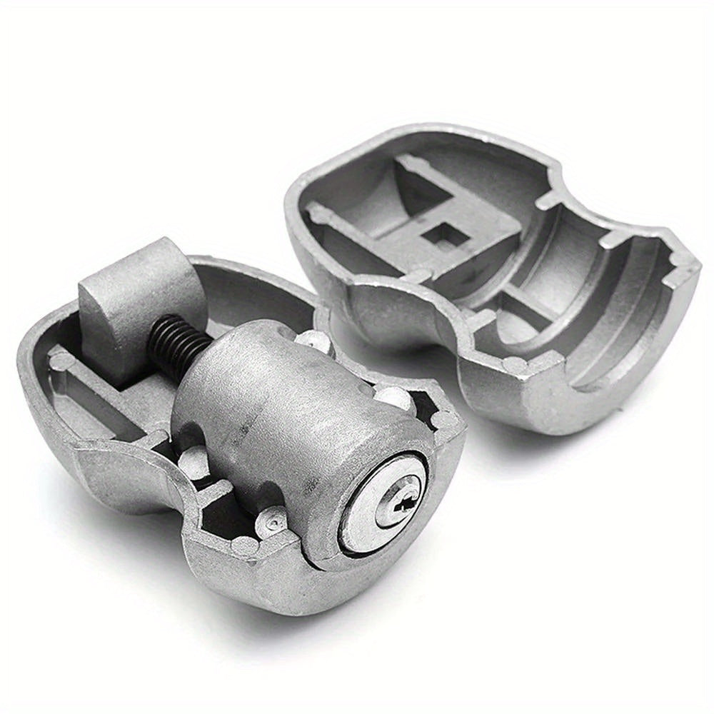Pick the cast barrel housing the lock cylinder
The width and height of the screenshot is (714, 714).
pyautogui.click(x=286, y=400)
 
